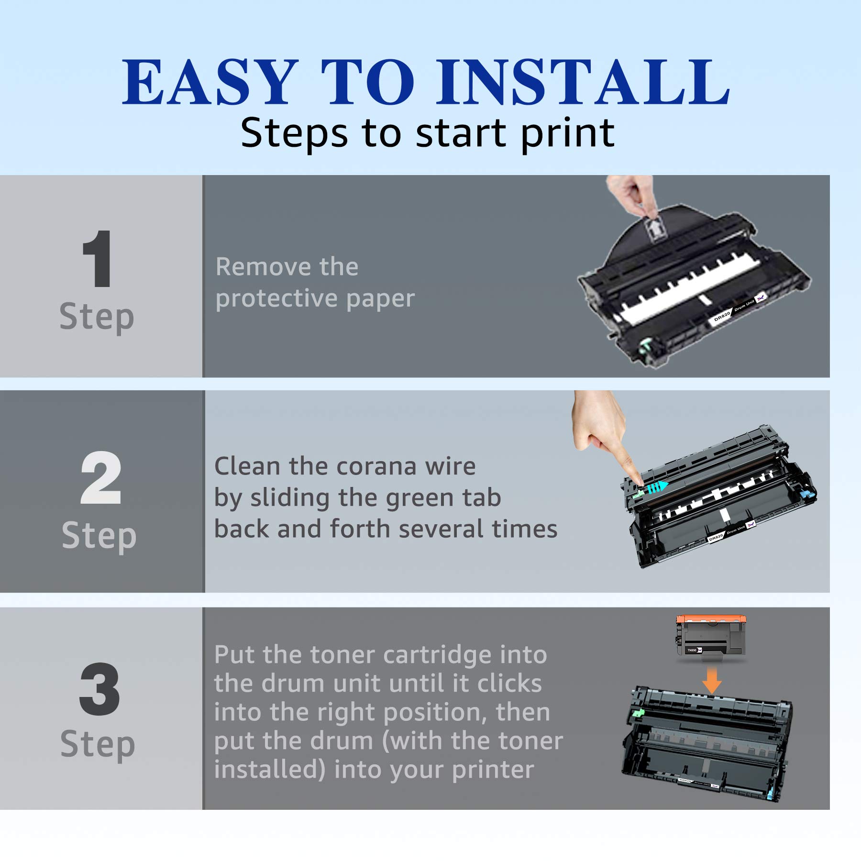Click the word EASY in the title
point(208,82)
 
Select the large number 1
point(98,258)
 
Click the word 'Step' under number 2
point(99,536)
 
